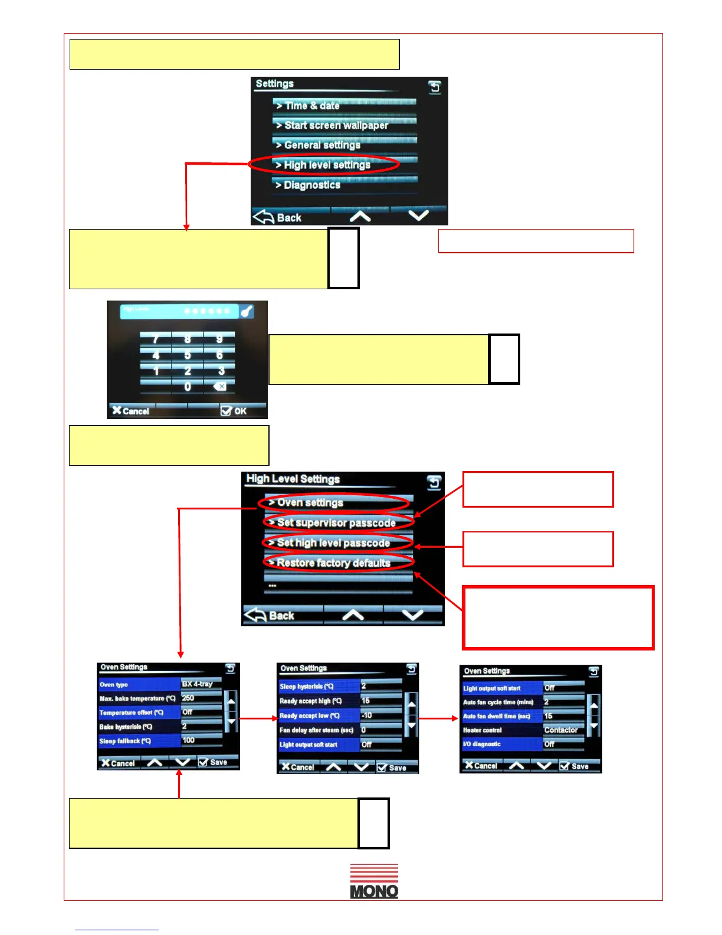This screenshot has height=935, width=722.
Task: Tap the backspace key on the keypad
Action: [x=219, y=387]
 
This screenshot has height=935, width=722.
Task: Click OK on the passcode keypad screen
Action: [x=234, y=411]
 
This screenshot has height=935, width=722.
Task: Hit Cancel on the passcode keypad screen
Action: [x=131, y=411]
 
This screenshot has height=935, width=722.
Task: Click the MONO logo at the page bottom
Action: [x=374, y=881]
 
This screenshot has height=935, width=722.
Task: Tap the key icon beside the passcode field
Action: [x=247, y=311]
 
